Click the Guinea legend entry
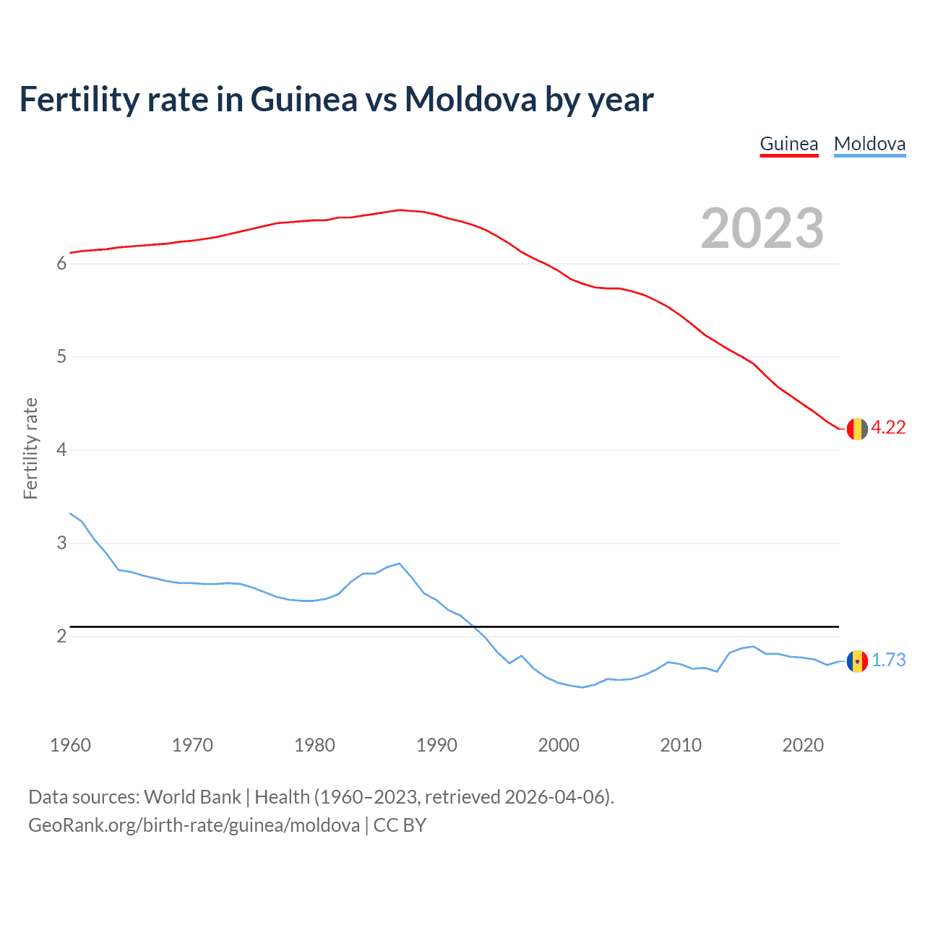click(x=788, y=144)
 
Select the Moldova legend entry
click(x=869, y=144)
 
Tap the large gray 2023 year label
click(x=762, y=228)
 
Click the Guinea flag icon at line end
click(x=857, y=429)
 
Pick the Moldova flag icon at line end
click(x=857, y=661)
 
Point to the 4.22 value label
click(x=888, y=428)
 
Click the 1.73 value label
click(x=888, y=661)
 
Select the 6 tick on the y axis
click(x=61, y=264)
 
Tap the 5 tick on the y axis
click(x=61, y=357)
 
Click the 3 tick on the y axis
click(x=61, y=543)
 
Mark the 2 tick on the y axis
click(x=61, y=637)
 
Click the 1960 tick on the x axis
click(x=70, y=745)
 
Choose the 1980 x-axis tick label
click(x=314, y=745)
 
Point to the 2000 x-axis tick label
click(x=559, y=745)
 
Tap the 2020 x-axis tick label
click(x=803, y=745)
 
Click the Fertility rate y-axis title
click(x=30, y=448)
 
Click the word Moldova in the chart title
click(x=470, y=100)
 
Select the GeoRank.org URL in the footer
click(x=194, y=825)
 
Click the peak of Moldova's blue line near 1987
click(x=399, y=564)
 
